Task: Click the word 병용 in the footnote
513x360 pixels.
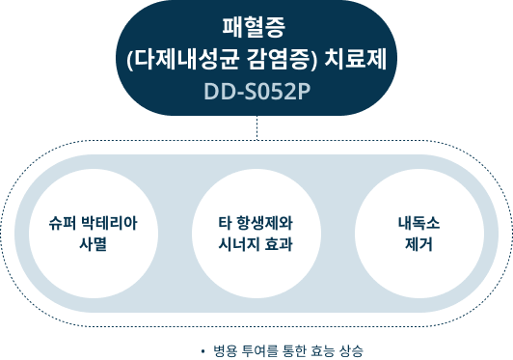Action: (x=224, y=349)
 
